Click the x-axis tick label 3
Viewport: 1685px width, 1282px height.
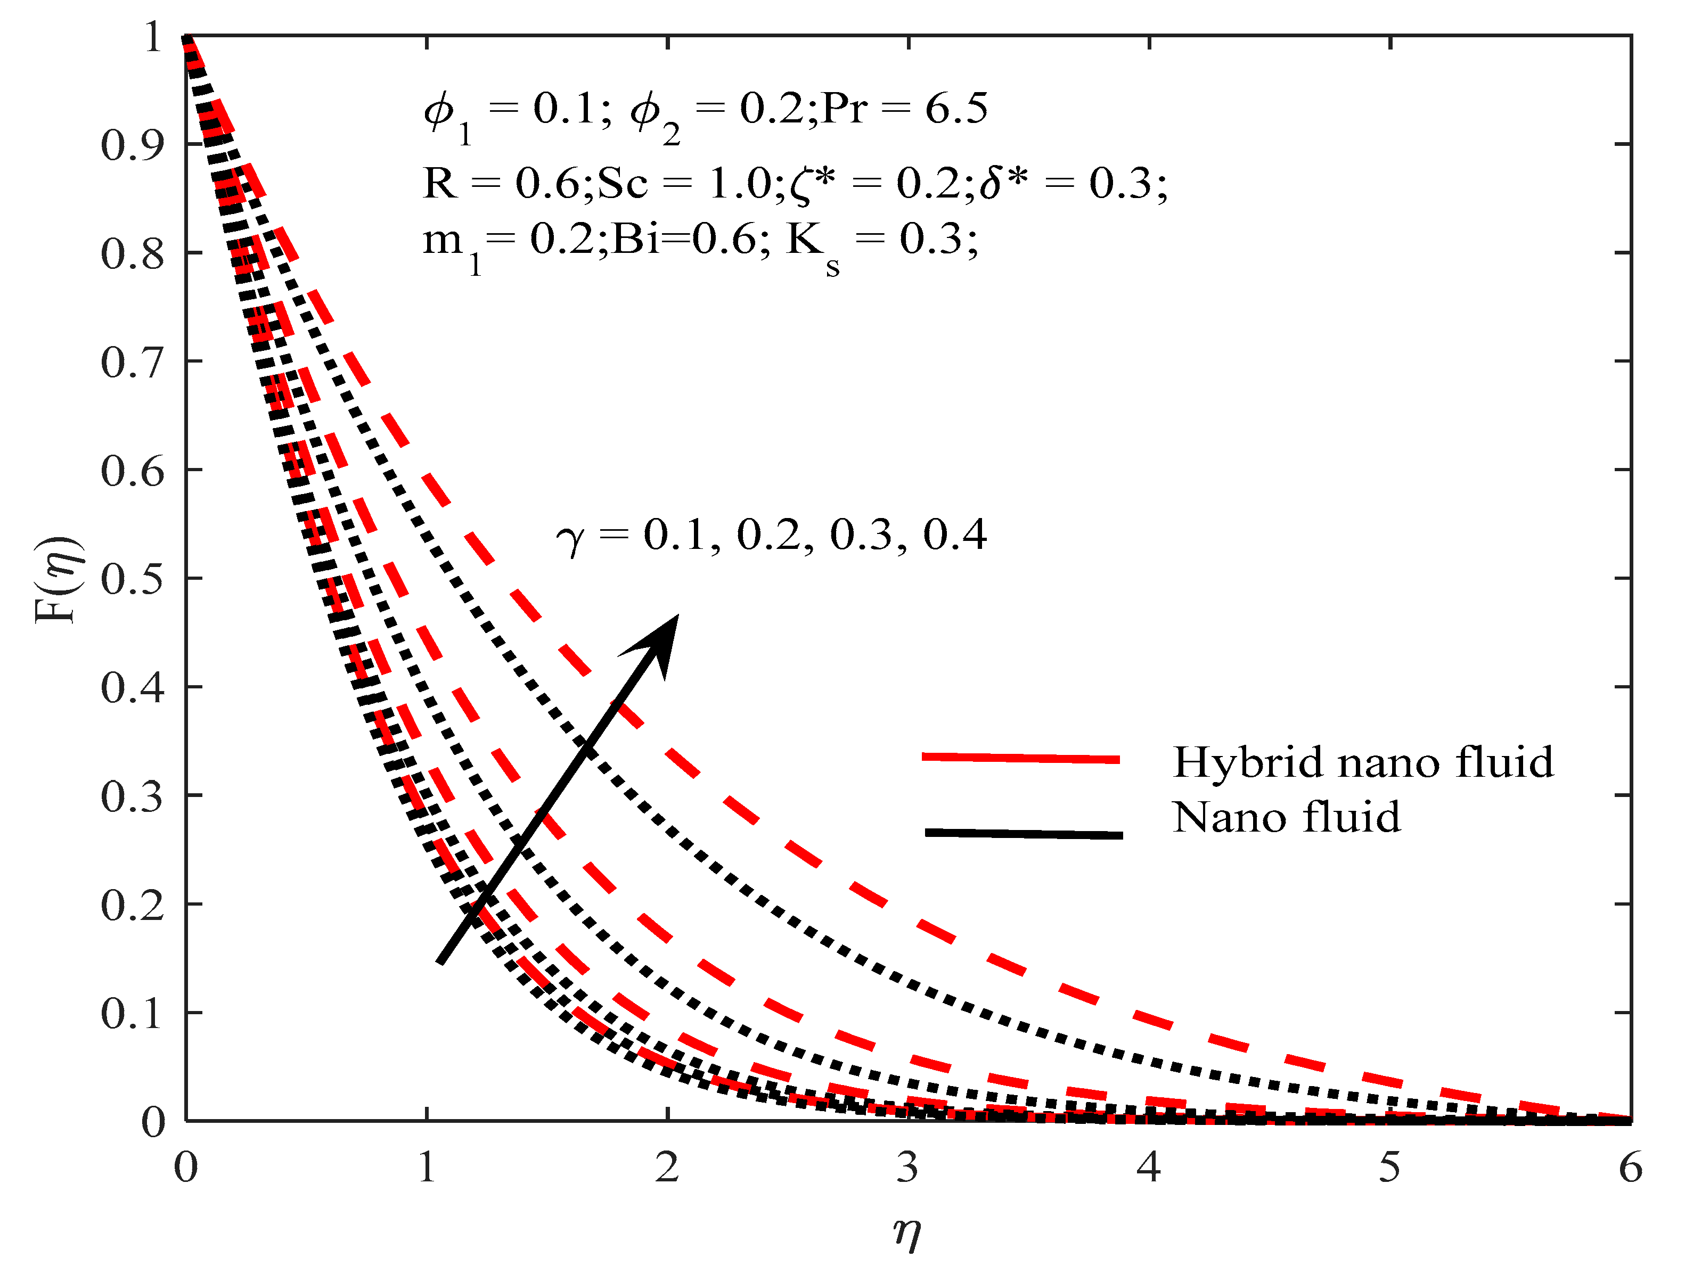pos(907,1168)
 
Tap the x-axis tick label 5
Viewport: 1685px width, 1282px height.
pos(1389,1168)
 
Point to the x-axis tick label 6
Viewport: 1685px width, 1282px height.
pos(1631,1168)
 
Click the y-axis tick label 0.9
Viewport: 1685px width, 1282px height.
pos(132,145)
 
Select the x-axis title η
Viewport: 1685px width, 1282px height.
pos(907,1230)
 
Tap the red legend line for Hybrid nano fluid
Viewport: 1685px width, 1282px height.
pos(1020,758)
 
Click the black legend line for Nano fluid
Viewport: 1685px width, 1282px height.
pos(1023,833)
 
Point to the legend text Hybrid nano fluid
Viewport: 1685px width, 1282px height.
pos(1363,761)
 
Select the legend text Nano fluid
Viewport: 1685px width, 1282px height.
pos(1287,817)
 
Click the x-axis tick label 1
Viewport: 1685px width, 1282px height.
pos(427,1168)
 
